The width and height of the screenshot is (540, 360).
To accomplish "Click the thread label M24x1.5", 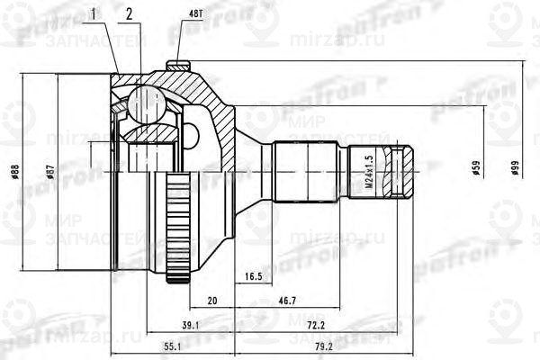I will coord(368,171).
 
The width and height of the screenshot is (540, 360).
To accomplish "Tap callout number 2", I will coord(130,13).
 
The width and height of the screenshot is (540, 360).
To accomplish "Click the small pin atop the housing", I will coord(178,66).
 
